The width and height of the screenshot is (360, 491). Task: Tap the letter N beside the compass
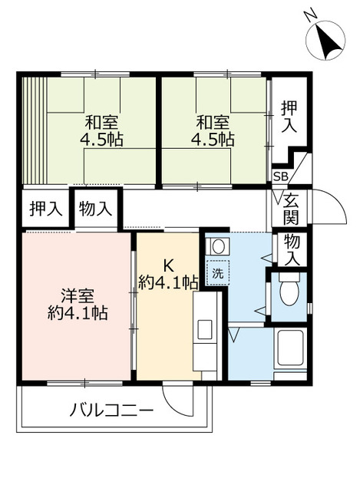click(x=309, y=15)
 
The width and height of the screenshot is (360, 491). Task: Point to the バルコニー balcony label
click(x=112, y=410)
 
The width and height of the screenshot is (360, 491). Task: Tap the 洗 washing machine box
click(x=217, y=273)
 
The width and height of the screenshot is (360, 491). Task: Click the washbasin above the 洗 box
click(x=216, y=247)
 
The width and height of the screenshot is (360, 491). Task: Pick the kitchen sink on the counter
click(x=205, y=329)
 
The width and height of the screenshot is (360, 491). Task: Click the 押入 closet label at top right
click(x=288, y=117)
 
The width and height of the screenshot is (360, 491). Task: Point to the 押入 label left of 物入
click(x=45, y=208)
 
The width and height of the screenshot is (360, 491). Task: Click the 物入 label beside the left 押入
click(x=96, y=208)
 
